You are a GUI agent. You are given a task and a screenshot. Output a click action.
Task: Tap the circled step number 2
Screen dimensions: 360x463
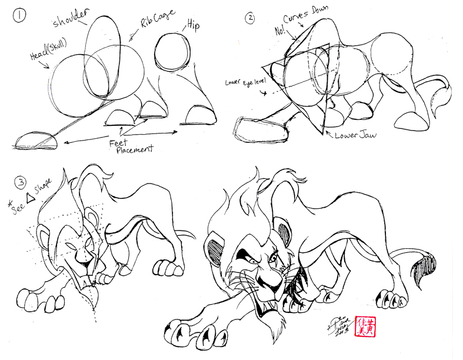[251, 18]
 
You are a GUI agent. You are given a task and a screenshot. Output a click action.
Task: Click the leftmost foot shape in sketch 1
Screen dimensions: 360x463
[36, 140]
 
